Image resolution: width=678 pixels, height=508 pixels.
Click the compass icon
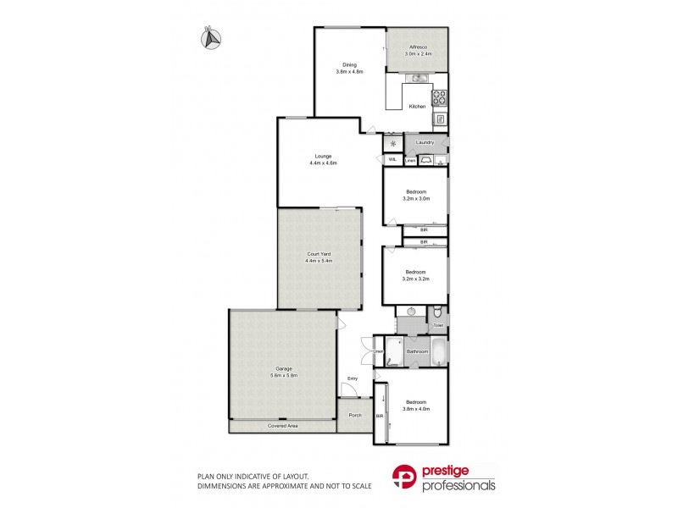pos(210,36)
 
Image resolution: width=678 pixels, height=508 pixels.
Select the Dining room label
pos(349,65)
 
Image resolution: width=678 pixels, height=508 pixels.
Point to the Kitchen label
pos(417,106)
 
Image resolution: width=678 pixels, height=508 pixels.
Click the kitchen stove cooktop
pos(440,98)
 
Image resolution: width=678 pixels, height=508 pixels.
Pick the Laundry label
pos(425,142)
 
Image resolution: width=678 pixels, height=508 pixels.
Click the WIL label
pos(393,159)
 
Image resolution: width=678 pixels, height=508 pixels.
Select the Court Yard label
pos(320,254)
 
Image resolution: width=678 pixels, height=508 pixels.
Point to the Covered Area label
pos(283,425)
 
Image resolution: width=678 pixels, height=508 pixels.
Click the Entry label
pos(353,378)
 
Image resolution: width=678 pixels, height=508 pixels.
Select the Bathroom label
pos(416,351)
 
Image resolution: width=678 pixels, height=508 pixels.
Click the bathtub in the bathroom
pos(440,351)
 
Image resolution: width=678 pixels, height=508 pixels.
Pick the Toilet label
pos(438,324)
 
